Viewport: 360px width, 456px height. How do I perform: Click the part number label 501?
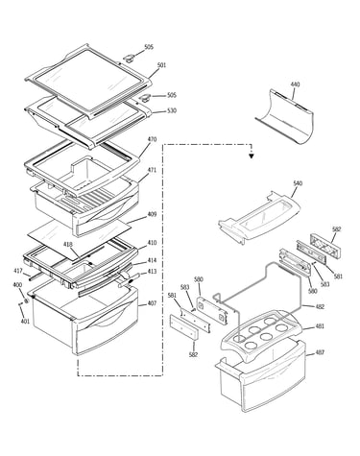point(161,65)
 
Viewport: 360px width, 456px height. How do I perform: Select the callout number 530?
point(172,110)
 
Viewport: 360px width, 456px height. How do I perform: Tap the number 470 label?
point(152,139)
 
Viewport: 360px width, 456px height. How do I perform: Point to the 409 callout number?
point(152,214)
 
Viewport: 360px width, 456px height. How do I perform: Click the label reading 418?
point(68,245)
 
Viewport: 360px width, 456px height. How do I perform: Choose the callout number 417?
point(18,271)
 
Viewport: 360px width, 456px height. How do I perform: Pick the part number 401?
point(25,321)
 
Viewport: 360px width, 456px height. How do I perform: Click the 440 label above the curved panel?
point(295,84)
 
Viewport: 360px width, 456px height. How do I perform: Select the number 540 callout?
point(298,183)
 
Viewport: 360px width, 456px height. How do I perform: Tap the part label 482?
point(320,306)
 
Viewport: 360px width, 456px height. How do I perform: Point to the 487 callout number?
point(320,352)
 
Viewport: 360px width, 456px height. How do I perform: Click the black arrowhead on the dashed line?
point(252,156)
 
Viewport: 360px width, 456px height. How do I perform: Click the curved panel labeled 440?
point(285,117)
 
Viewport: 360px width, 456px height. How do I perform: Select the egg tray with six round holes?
point(262,334)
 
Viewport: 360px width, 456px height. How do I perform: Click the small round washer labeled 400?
point(27,300)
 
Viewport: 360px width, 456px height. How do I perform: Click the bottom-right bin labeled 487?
point(262,376)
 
